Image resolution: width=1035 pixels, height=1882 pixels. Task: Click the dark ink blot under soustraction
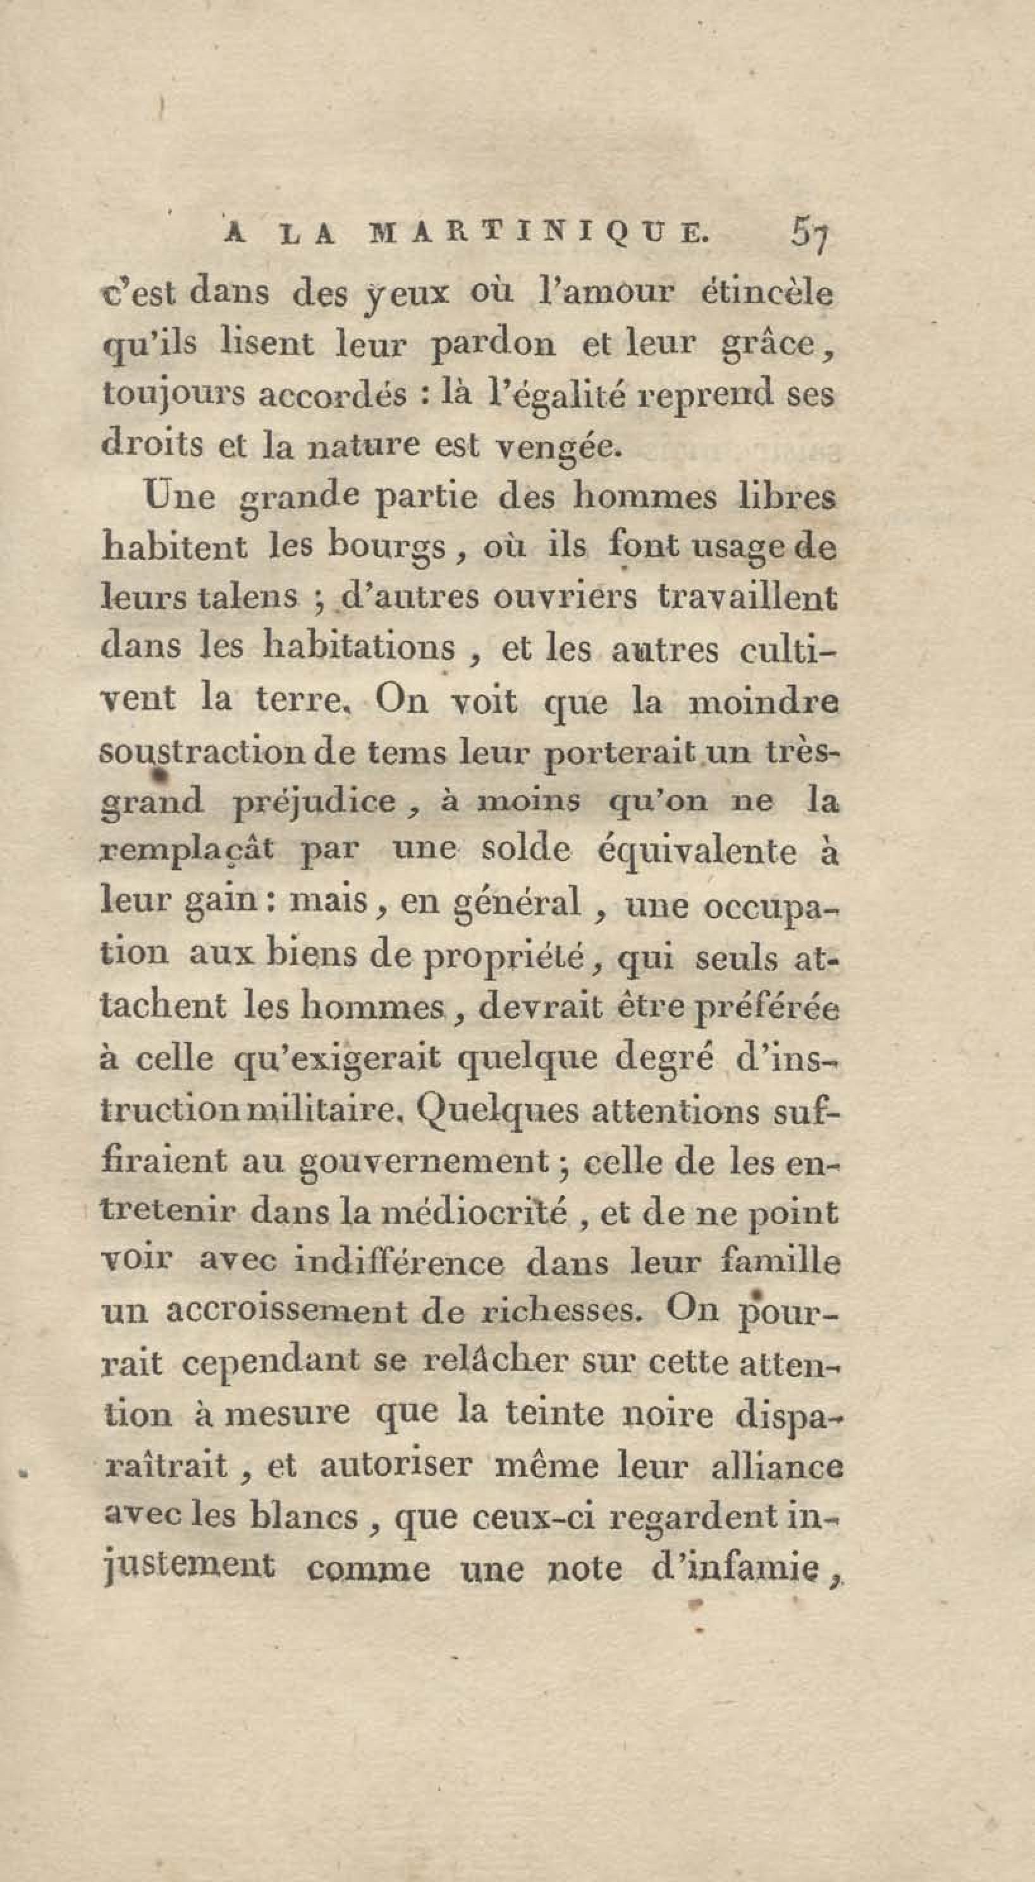point(159,771)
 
